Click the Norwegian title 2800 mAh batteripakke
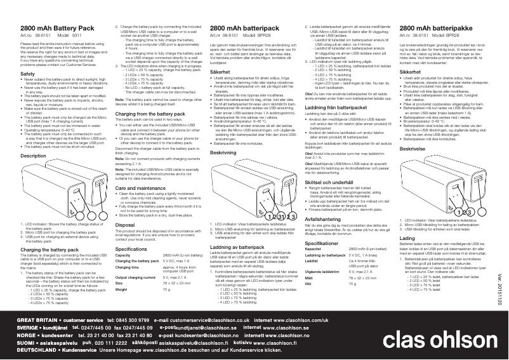[433, 30]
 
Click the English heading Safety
[27, 74]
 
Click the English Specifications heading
[131, 250]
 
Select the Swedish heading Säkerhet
[221, 74]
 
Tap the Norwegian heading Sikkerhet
[412, 74]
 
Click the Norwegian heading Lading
[406, 256]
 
